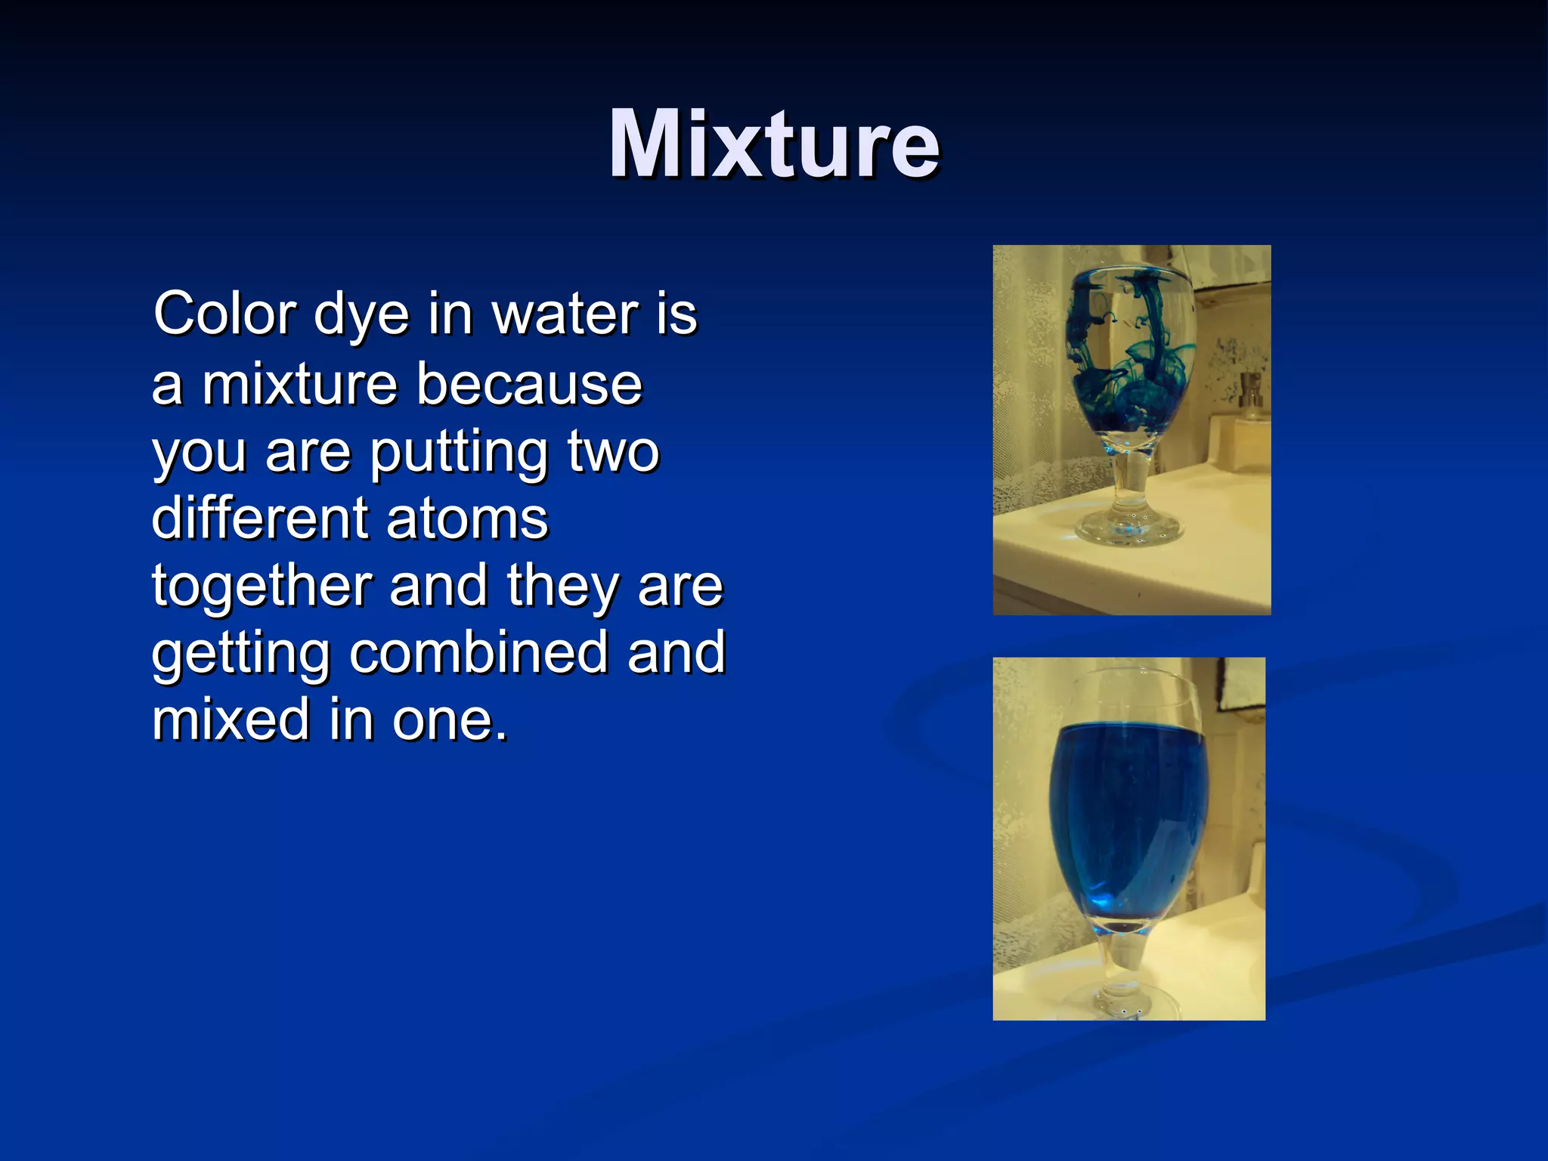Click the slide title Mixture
[x=774, y=144]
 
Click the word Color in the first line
[x=224, y=314]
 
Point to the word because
[x=529, y=384]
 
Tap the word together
[x=262, y=587]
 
